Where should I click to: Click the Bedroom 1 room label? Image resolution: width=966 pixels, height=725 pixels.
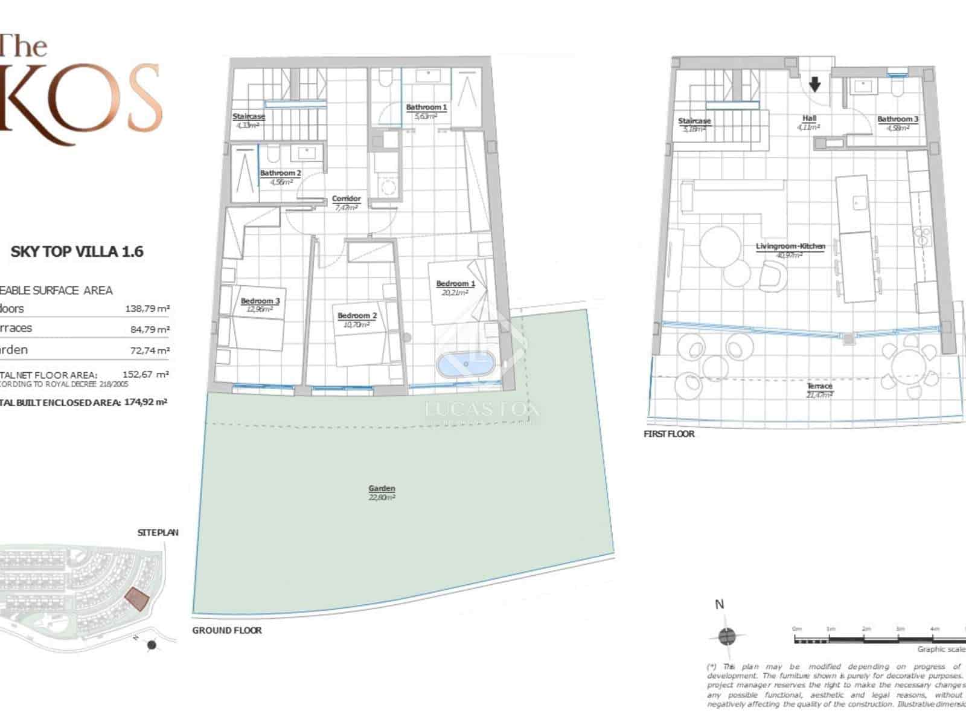pyautogui.click(x=455, y=283)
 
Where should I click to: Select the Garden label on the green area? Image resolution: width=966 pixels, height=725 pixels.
pyautogui.click(x=382, y=488)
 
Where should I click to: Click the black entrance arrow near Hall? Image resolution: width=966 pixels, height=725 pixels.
pyautogui.click(x=814, y=84)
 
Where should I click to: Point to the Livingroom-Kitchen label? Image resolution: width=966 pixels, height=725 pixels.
pyautogui.click(x=790, y=246)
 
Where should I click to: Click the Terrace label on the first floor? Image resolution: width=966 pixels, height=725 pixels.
pyautogui.click(x=819, y=385)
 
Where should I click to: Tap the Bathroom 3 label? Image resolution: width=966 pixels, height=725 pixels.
pyautogui.click(x=897, y=120)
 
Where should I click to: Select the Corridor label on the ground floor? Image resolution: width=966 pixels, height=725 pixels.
pyautogui.click(x=346, y=199)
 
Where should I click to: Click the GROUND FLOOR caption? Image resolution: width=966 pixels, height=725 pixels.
pyautogui.click(x=227, y=630)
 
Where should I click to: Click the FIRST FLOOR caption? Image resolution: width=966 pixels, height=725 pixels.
pyautogui.click(x=669, y=434)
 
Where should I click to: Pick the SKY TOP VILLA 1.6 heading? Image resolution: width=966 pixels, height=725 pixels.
pyautogui.click(x=77, y=252)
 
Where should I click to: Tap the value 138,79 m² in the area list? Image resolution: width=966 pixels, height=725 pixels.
pyautogui.click(x=147, y=309)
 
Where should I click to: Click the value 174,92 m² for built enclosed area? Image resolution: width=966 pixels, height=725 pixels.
pyautogui.click(x=146, y=402)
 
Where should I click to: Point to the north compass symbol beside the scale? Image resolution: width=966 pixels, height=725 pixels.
pyautogui.click(x=727, y=636)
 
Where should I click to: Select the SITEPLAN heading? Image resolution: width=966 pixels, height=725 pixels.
pyautogui.click(x=158, y=532)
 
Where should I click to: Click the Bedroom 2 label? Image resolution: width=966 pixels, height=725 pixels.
pyautogui.click(x=357, y=316)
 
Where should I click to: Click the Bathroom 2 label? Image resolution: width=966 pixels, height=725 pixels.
pyautogui.click(x=280, y=173)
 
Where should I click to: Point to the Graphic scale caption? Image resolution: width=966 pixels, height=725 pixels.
pyautogui.click(x=941, y=649)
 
